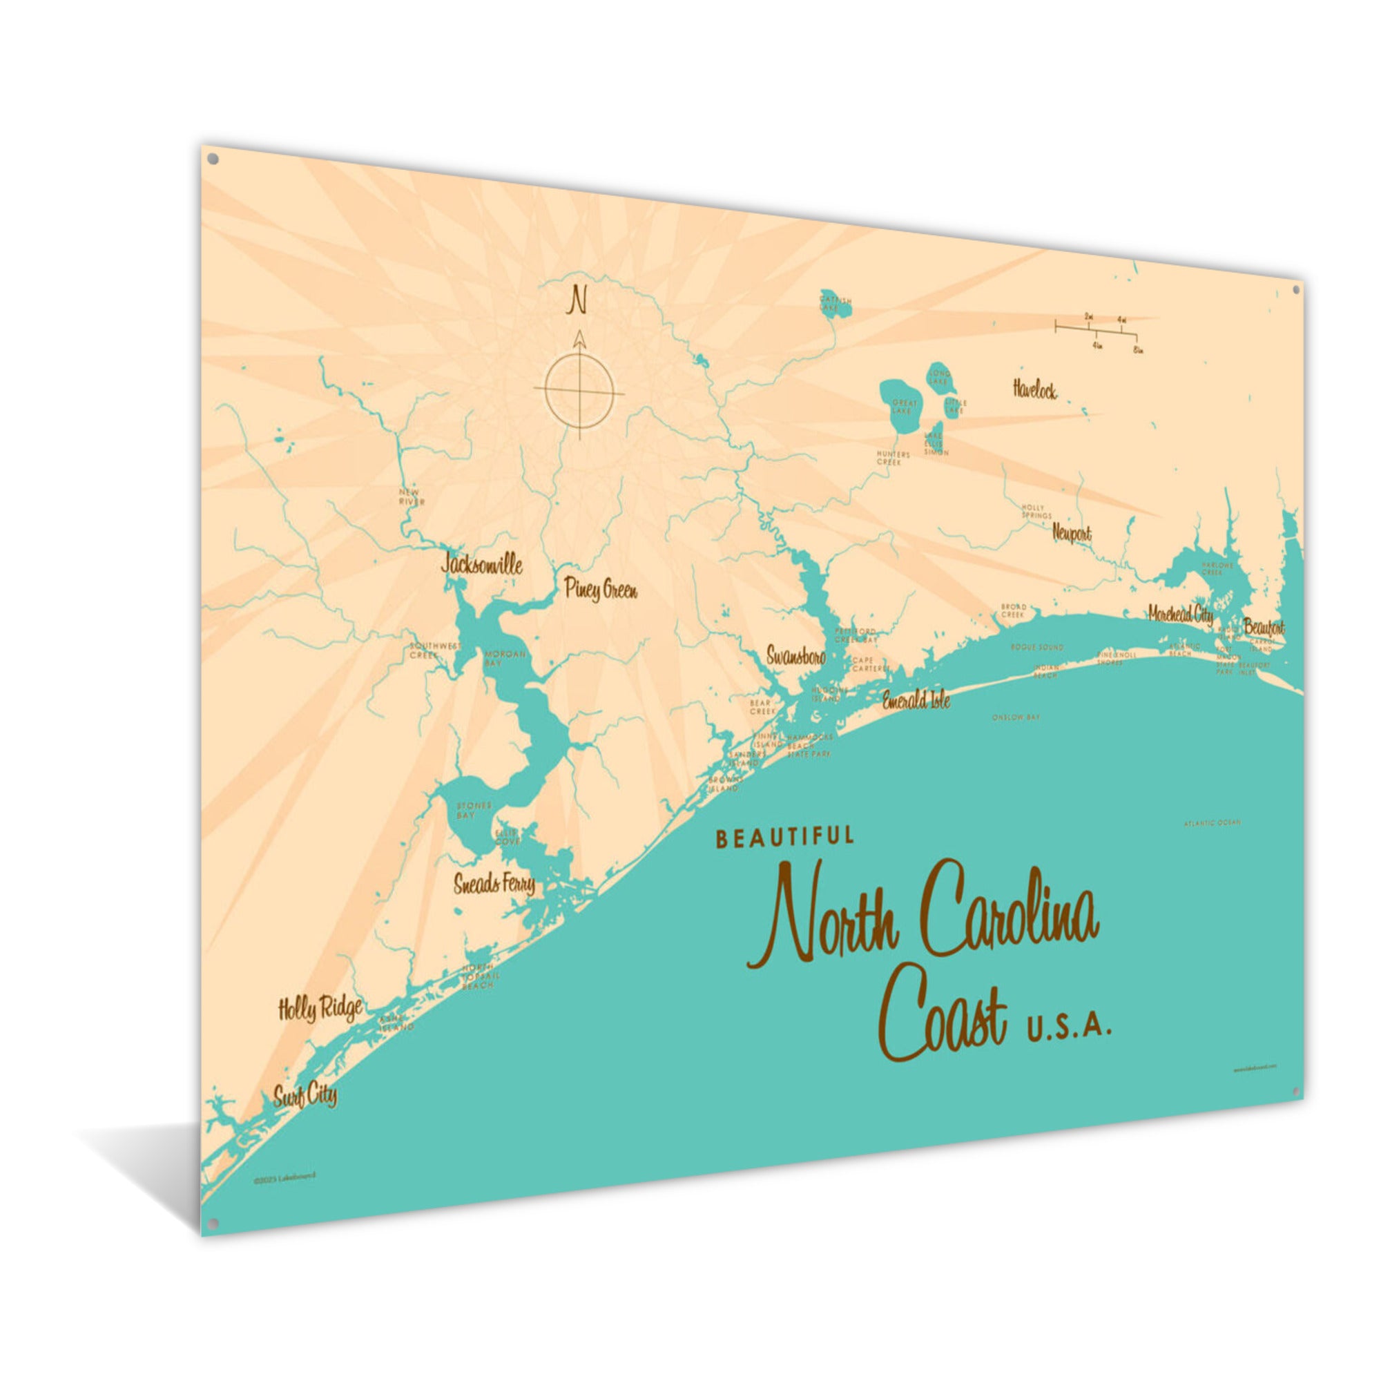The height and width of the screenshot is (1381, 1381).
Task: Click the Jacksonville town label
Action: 482,565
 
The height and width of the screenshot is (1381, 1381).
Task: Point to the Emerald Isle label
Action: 916,699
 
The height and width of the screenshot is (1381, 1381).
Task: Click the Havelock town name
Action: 1034,389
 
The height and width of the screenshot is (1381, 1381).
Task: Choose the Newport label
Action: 1072,532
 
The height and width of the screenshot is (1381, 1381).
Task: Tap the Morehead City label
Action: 1180,613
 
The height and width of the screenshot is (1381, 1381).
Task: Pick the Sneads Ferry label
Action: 494,885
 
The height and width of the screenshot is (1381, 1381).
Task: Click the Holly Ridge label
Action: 320,1008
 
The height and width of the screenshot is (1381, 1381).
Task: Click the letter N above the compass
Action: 576,300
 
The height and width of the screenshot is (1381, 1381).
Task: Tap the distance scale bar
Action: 1096,329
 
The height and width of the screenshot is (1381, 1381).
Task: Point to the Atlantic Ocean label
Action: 1213,823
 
